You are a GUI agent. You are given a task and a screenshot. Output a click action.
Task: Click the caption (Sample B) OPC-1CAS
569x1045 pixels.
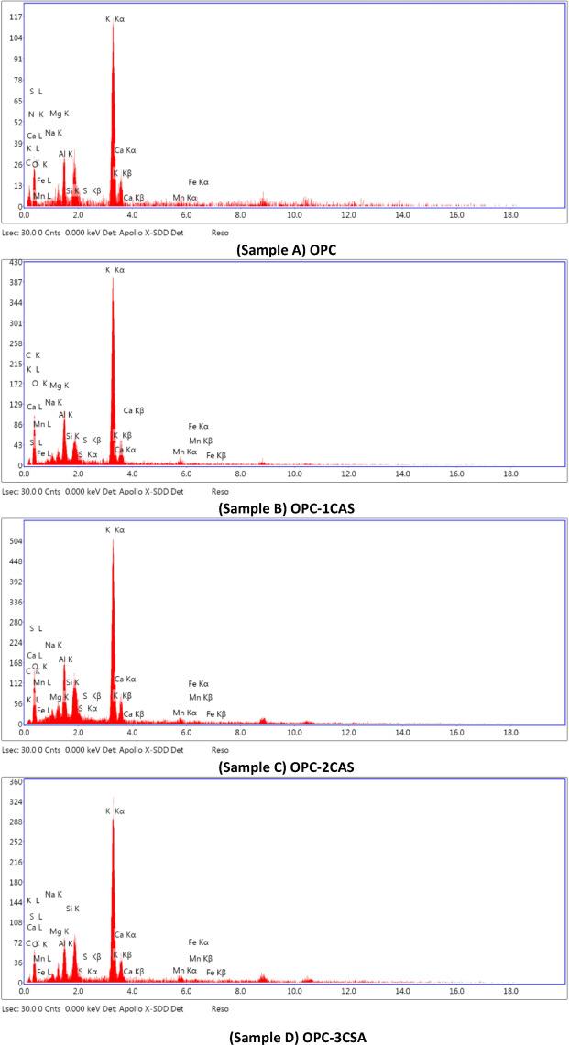(x=283, y=506)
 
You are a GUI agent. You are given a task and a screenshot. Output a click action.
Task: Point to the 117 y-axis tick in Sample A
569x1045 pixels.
(x=16, y=17)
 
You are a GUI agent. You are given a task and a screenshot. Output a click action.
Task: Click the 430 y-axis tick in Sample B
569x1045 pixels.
(x=16, y=264)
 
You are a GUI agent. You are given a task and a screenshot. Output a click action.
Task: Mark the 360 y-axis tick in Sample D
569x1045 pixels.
(x=16, y=783)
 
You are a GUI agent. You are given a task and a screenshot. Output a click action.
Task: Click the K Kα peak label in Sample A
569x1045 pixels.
(x=115, y=18)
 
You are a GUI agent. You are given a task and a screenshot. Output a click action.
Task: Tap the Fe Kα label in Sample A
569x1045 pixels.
(x=199, y=182)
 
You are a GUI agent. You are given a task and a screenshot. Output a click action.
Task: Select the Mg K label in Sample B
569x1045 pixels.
(x=60, y=386)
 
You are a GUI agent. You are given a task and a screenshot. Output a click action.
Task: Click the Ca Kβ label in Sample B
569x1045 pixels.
(x=134, y=410)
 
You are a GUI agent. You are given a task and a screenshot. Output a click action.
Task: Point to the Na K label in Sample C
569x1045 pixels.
(x=53, y=645)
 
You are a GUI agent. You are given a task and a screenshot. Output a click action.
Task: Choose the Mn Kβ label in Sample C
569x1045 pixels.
(x=201, y=698)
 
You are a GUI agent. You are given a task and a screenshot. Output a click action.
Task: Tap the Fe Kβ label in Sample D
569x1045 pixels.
(x=216, y=973)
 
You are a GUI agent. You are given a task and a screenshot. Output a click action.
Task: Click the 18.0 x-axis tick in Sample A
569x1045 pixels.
(x=510, y=214)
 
